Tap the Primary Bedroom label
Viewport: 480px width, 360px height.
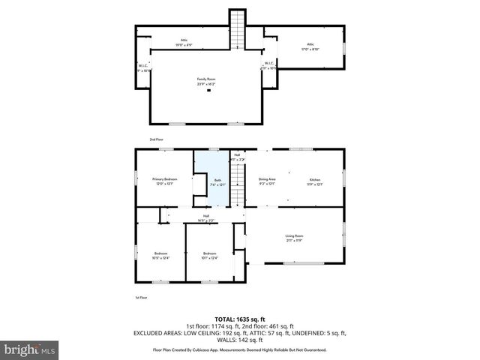click(x=165, y=181)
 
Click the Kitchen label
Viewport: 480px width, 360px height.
click(x=315, y=181)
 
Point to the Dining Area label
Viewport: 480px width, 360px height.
click(x=267, y=181)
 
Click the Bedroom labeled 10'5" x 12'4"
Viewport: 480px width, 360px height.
click(x=161, y=255)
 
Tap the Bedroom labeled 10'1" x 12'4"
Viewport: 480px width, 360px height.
click(x=210, y=255)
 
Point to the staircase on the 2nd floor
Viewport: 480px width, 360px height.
click(x=238, y=29)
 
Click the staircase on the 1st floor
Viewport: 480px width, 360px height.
click(x=238, y=184)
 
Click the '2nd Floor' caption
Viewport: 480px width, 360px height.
click(x=156, y=139)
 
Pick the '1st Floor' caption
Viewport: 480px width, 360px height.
click(x=140, y=298)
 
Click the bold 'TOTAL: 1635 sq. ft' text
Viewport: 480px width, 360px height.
click(x=240, y=319)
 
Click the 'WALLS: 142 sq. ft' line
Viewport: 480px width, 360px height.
click(x=240, y=340)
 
